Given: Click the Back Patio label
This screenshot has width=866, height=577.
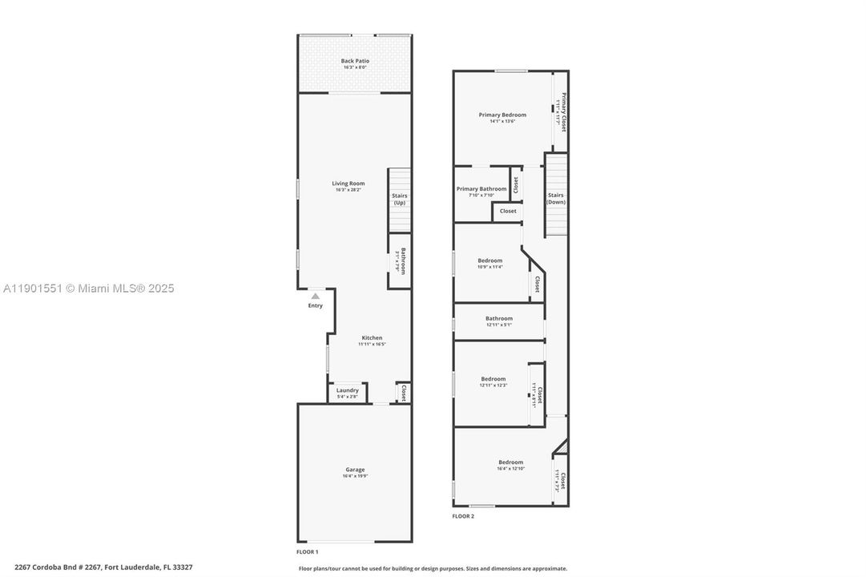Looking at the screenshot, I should [x=355, y=61].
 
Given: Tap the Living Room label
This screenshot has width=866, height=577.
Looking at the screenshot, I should [x=348, y=184].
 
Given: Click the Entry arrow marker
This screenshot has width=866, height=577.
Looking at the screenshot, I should [x=316, y=297].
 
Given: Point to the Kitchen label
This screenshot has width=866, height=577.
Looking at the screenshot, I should [x=372, y=338].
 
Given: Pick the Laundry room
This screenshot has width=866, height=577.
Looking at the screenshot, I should [x=347, y=393].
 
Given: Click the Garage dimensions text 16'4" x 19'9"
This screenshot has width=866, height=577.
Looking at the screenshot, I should [x=355, y=476].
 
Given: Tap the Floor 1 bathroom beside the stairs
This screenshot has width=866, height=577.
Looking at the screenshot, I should [x=400, y=260].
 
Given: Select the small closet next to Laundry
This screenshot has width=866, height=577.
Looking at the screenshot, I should [x=403, y=393].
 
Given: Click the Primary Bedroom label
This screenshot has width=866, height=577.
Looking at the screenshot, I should [x=502, y=115].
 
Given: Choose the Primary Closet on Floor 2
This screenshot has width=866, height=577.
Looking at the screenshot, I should [x=562, y=112].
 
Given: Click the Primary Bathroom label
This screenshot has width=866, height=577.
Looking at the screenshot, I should [x=481, y=189].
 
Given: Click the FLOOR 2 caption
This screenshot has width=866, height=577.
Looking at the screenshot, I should [x=463, y=516].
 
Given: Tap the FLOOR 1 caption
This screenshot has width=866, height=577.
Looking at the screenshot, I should [x=307, y=552].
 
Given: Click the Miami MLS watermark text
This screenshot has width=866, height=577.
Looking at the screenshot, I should [x=88, y=288].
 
